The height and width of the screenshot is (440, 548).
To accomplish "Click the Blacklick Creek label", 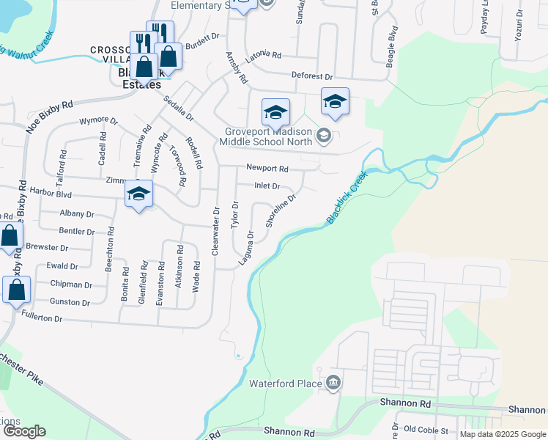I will (x=347, y=198).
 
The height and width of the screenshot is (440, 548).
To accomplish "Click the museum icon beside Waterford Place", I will (x=333, y=382).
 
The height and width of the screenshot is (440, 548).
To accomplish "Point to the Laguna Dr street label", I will (x=245, y=249).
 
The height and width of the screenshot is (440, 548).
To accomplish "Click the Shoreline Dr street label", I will (x=281, y=210).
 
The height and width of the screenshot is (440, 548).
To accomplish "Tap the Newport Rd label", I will (x=267, y=168).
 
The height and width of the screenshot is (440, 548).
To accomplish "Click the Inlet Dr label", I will (x=267, y=186).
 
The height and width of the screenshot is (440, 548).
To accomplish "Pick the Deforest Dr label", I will (x=312, y=76).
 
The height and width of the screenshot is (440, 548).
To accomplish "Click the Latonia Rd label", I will (x=264, y=55).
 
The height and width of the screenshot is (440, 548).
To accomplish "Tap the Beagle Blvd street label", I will (x=390, y=46).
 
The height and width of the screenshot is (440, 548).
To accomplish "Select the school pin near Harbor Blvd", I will (x=138, y=195).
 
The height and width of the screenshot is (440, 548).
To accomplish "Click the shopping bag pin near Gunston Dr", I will (x=16, y=290).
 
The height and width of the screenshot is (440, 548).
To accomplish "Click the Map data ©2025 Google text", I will (x=502, y=434).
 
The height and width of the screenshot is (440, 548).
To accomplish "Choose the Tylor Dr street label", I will (x=235, y=214).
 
